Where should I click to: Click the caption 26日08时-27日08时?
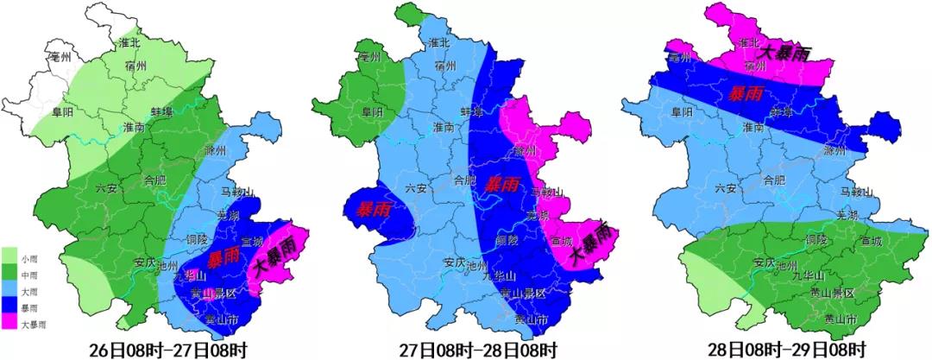pos(168,349)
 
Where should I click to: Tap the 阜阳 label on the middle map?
pos(371,111)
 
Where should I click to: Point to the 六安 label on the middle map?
pos(416,187)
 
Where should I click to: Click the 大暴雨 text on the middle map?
pos(591,244)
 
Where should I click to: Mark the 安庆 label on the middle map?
pos(454,262)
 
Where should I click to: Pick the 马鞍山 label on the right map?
pos(857,191)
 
